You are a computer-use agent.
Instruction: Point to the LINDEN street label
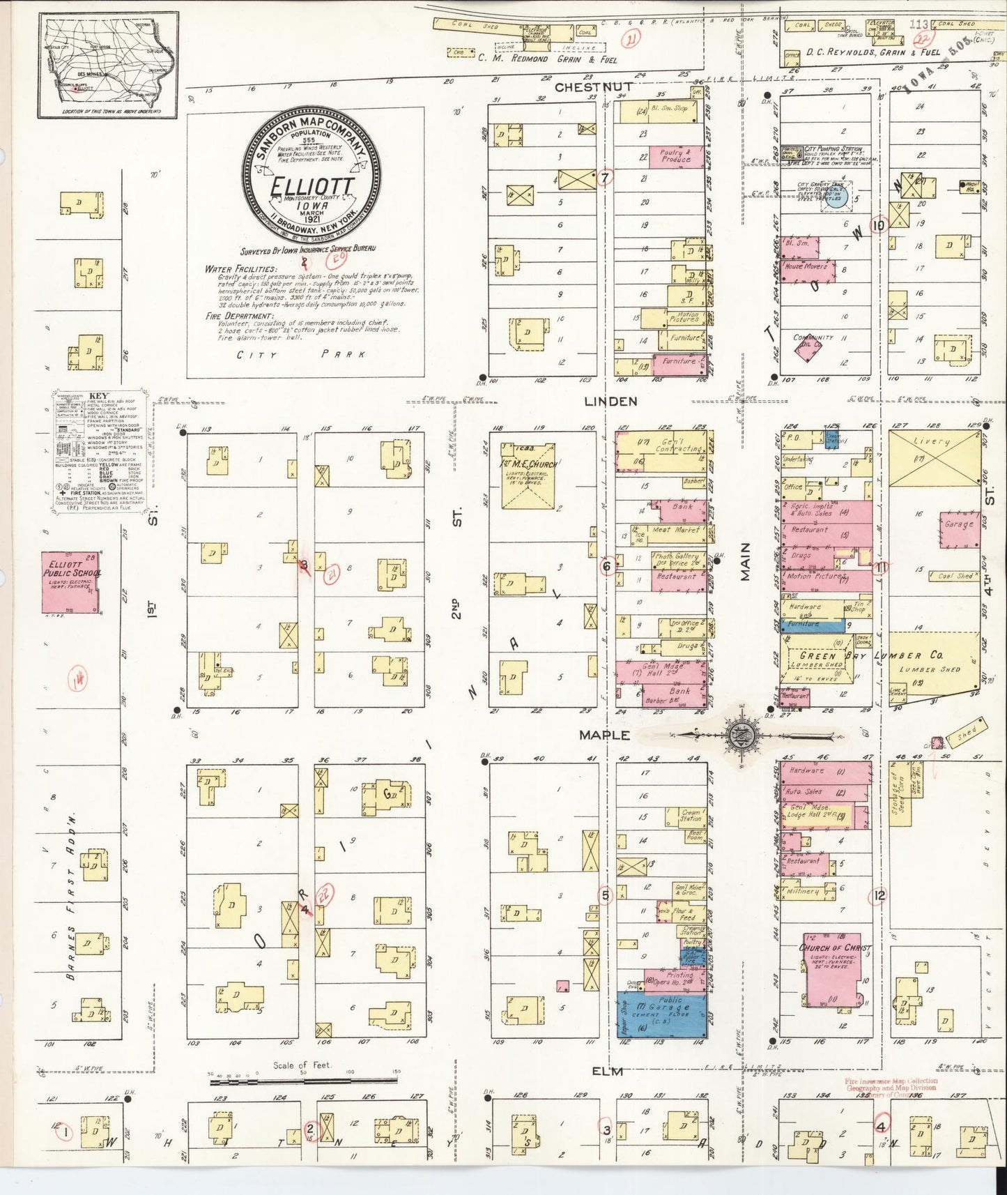click(x=610, y=401)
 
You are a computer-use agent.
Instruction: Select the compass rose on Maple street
click(x=738, y=735)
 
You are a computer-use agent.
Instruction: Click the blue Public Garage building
click(x=661, y=1014)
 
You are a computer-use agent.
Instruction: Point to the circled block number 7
click(x=605, y=178)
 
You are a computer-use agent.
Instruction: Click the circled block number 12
click(x=879, y=895)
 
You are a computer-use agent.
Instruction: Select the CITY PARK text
click(x=301, y=354)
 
